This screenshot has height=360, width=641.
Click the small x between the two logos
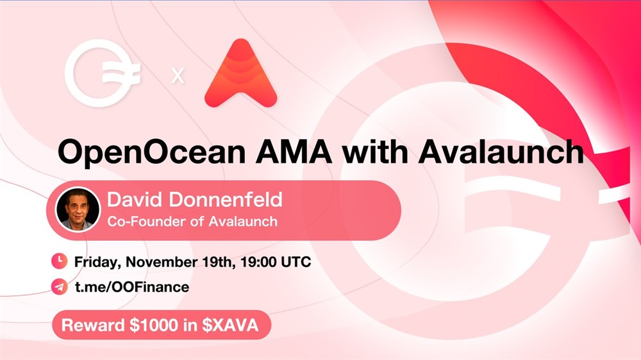click(x=178, y=76)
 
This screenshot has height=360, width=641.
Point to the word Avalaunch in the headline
click(x=501, y=152)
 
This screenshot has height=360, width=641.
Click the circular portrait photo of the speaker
click(x=78, y=209)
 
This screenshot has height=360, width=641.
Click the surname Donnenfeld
click(x=226, y=199)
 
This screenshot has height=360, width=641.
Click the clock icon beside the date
click(x=59, y=261)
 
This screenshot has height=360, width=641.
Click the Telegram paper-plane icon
click(x=59, y=287)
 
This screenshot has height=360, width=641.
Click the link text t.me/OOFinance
click(x=131, y=287)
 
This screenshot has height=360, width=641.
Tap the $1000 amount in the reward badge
click(x=154, y=325)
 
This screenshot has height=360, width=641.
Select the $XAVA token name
click(x=230, y=325)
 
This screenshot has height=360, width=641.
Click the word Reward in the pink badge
click(x=93, y=325)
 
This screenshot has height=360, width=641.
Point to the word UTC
click(x=296, y=261)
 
